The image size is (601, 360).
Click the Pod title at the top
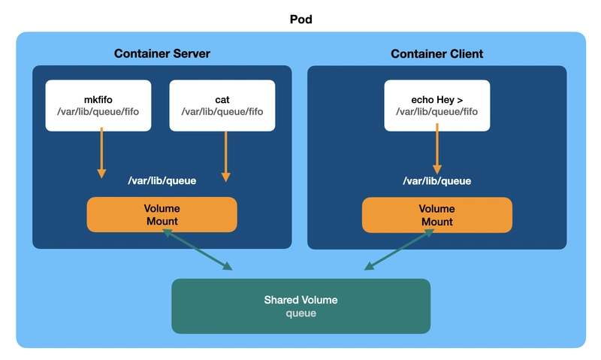tap(301, 20)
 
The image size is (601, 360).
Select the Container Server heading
tap(162, 53)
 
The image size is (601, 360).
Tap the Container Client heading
tap(437, 53)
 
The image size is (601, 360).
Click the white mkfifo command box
tap(98, 105)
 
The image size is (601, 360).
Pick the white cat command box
tap(222, 105)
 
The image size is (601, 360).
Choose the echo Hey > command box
tap(437, 105)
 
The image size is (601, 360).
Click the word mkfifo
tap(98, 100)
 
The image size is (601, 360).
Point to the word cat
tap(222, 100)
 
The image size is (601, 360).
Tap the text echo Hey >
tap(437, 100)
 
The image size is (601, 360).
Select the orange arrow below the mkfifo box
tap(101, 153)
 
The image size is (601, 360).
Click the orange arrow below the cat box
tap(226, 156)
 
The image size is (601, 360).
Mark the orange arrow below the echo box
tap(437, 149)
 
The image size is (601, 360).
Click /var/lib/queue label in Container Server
tap(162, 180)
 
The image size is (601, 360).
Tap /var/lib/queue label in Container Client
tap(437, 181)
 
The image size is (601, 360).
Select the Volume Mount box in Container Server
tap(162, 215)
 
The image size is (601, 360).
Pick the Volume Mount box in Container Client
tap(437, 215)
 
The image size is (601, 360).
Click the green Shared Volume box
tap(301, 306)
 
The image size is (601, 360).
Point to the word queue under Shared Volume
tap(301, 313)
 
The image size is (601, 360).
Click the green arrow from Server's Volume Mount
tap(198, 250)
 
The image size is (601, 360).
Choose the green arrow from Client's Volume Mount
tap(399, 250)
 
